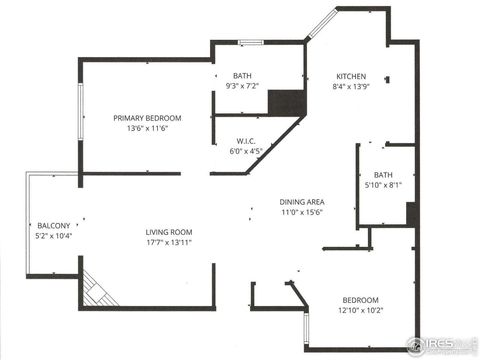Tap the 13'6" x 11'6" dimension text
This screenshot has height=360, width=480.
(147, 129)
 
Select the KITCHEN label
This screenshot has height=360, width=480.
(351, 77)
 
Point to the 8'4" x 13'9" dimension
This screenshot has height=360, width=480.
(351, 87)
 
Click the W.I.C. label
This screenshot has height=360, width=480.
(248, 141)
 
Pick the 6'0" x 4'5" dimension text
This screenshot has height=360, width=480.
(248, 152)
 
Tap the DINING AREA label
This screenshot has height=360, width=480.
(301, 202)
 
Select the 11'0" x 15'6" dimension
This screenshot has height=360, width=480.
(301, 213)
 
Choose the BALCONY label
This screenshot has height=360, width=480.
(53, 225)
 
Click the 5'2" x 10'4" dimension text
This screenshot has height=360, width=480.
(53, 236)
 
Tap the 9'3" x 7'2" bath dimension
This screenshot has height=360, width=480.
(242, 86)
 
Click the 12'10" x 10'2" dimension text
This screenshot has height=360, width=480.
(361, 310)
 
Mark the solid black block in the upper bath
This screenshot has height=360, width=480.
(285, 103)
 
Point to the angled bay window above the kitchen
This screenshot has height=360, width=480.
(322, 24)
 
